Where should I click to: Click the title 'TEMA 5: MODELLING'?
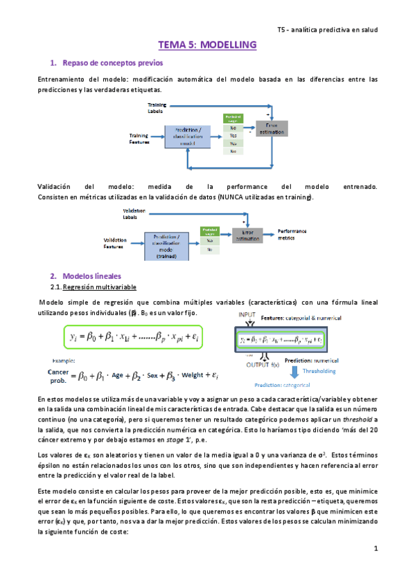[207, 45]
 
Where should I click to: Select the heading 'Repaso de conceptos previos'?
[105, 64]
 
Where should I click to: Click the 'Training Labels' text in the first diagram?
[157, 107]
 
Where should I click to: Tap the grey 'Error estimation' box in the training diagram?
[271, 127]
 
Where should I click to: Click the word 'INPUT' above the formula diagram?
[247, 315]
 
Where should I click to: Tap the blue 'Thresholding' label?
[319, 371]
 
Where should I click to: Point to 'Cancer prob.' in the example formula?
[58, 375]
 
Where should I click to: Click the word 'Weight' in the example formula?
[197, 375]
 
